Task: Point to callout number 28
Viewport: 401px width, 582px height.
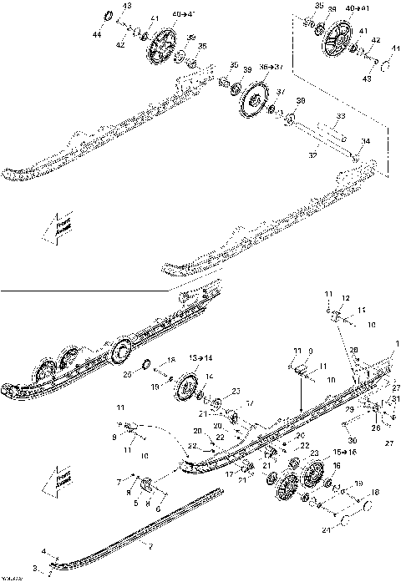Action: coord(353,350)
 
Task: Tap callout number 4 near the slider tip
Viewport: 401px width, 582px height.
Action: coord(45,552)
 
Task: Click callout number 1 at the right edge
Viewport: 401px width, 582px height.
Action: coord(398,342)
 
